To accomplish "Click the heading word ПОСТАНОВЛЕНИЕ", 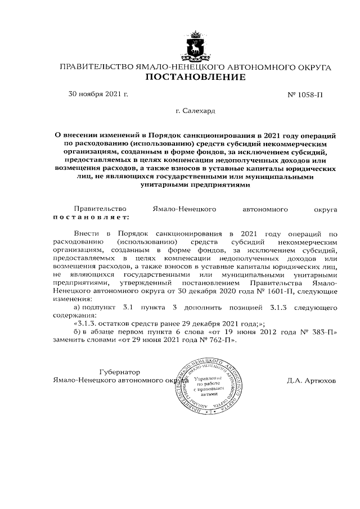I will coord(195,77).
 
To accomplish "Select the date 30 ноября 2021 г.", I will coord(98,93).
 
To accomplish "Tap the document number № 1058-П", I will coord(304,94).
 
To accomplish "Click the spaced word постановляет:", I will coord(91,216).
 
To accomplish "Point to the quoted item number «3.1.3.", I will coord(87,323).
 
